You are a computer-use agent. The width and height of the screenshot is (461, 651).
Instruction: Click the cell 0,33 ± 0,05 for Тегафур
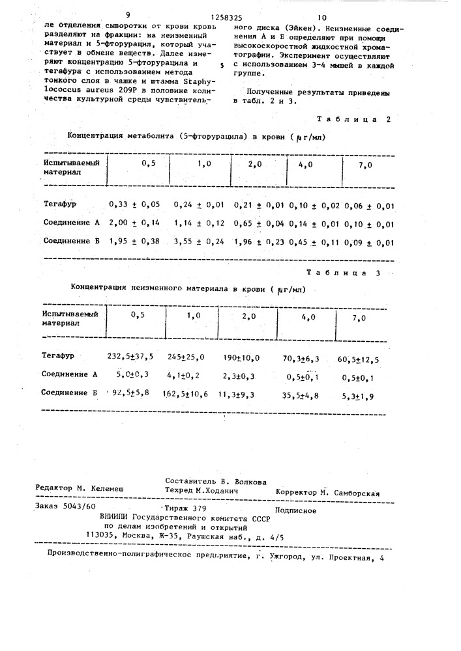coord(134,205)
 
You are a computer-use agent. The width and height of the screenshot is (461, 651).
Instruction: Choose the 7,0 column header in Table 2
coord(365,166)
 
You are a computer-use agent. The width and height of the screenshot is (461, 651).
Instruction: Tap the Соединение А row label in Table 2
coord(70,223)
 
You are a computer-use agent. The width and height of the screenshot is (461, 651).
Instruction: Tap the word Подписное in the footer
coord(296,510)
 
